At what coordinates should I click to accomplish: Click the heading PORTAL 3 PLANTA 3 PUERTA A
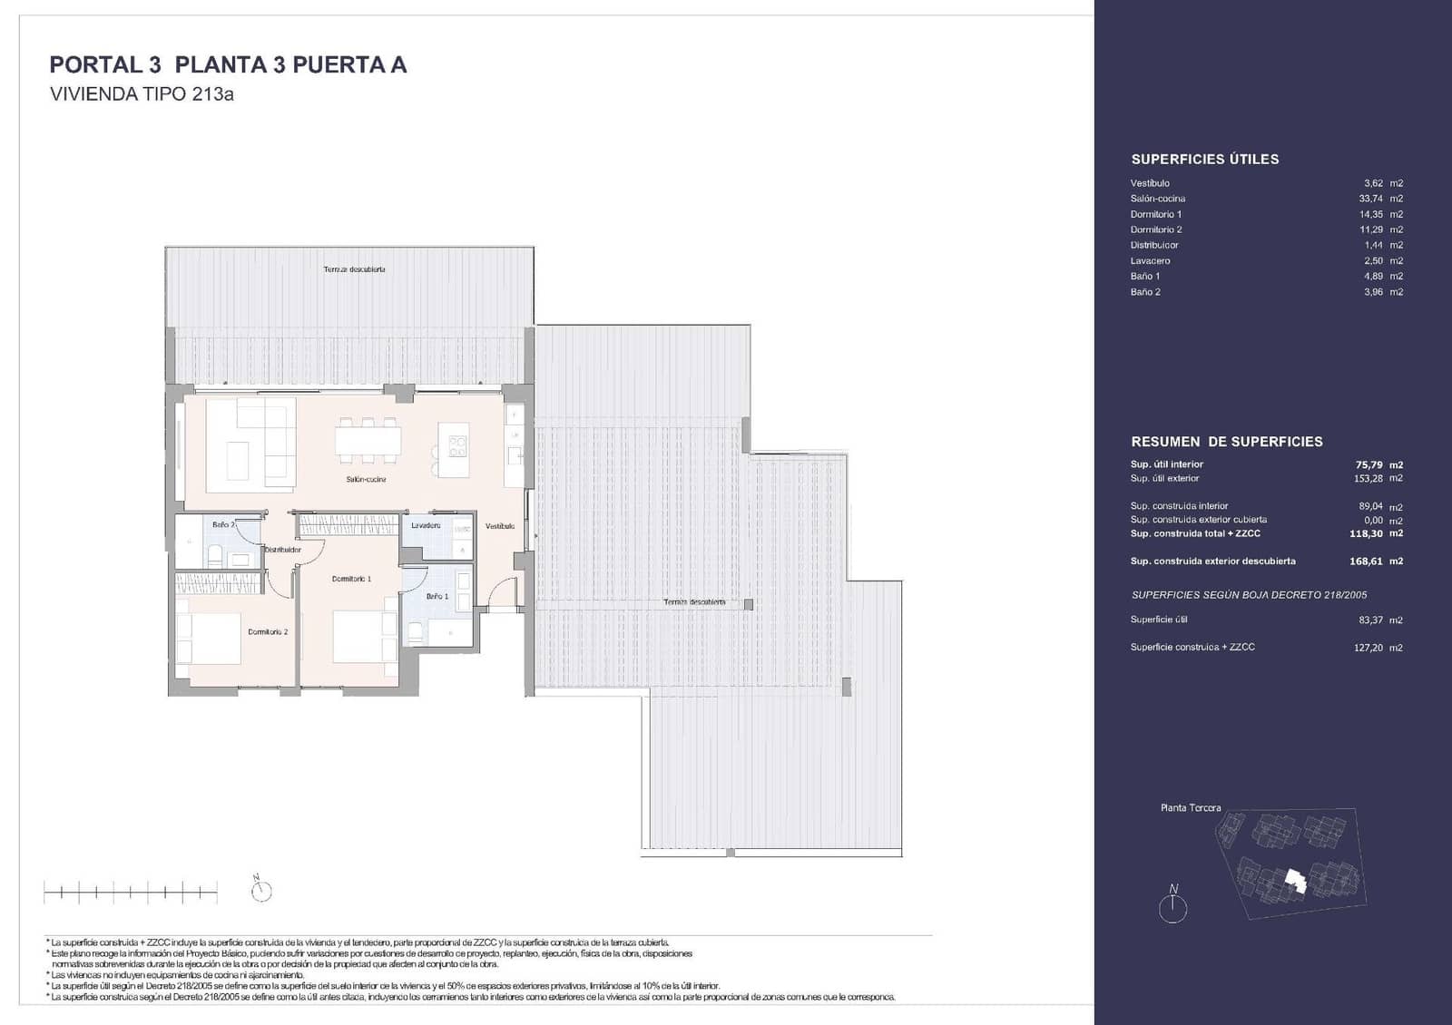click(x=228, y=65)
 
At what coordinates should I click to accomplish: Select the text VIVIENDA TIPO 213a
click(x=142, y=93)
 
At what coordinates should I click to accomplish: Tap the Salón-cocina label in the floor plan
click(x=366, y=479)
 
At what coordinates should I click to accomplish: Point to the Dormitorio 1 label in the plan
click(x=351, y=579)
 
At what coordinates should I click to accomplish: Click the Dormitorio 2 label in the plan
click(x=268, y=631)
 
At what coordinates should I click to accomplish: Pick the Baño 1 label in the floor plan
click(x=437, y=596)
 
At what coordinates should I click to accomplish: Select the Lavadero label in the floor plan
click(x=426, y=525)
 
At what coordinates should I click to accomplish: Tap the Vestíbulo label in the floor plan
click(x=499, y=526)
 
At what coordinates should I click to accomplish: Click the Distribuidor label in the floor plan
click(x=282, y=550)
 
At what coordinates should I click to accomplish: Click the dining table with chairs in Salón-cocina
click(x=368, y=440)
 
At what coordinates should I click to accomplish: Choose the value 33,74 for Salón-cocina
click(x=1370, y=199)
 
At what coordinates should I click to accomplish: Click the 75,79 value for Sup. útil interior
click(x=1369, y=464)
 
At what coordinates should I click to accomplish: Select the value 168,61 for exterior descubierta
click(x=1366, y=561)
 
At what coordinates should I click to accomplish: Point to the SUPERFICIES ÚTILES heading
click(x=1204, y=160)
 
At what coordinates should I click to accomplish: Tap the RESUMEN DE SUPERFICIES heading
click(x=1226, y=442)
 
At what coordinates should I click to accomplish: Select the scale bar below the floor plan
click(x=131, y=893)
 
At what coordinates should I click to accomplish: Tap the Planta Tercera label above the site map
click(x=1191, y=807)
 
